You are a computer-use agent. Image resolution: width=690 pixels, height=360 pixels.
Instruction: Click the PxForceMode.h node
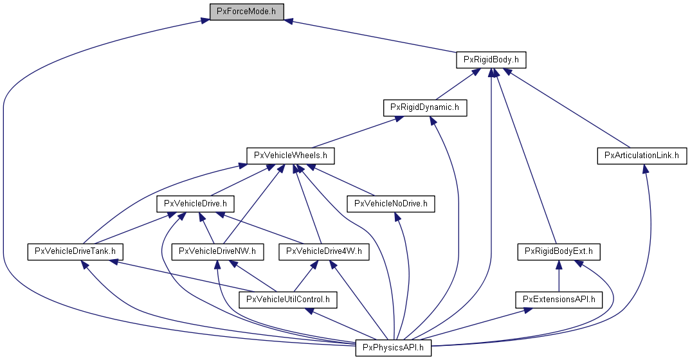(x=246, y=12)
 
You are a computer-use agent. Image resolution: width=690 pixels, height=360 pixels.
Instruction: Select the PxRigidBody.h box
(x=491, y=60)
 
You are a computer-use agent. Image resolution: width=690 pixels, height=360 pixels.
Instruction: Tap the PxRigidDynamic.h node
(x=424, y=107)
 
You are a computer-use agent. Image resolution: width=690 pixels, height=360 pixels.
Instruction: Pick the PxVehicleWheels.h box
(x=291, y=156)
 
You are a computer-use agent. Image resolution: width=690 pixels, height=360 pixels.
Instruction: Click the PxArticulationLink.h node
(x=642, y=156)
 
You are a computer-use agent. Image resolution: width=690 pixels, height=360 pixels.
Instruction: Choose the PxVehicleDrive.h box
(x=195, y=204)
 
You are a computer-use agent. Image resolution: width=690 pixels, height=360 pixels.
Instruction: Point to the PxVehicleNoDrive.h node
(x=391, y=204)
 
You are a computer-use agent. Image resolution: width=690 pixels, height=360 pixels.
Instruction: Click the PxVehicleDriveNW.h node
(x=218, y=251)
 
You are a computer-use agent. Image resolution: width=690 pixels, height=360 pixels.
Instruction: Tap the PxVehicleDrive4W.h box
(x=324, y=251)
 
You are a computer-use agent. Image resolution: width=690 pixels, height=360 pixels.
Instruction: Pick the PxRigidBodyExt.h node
(x=559, y=251)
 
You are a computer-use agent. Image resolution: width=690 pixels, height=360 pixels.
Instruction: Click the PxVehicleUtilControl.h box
(x=288, y=300)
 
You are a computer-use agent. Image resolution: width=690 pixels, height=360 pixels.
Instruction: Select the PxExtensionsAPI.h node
(x=559, y=300)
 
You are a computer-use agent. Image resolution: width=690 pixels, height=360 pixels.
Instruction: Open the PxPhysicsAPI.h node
(x=394, y=348)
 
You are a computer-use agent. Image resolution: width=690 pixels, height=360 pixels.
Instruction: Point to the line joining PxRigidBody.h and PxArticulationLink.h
(x=566, y=107)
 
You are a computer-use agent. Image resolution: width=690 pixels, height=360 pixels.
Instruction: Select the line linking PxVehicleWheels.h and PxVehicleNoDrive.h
(x=341, y=180)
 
